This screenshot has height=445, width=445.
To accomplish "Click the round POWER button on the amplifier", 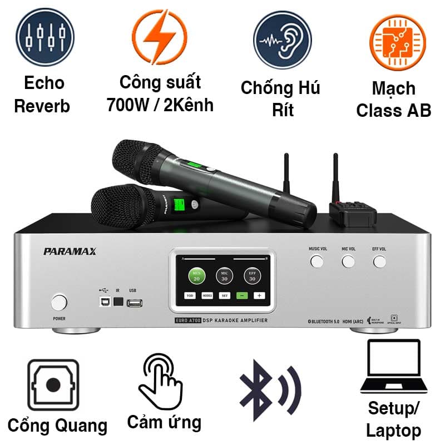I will (59, 303).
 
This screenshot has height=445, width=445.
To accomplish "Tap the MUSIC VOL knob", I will (317, 261).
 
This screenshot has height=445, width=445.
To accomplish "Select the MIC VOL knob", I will (348, 261).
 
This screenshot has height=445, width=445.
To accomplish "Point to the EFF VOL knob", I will (379, 261).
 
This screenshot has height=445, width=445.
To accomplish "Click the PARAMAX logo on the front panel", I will (70, 251).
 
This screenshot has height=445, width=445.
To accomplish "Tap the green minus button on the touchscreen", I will (241, 296).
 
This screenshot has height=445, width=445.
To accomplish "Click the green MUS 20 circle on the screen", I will (196, 275).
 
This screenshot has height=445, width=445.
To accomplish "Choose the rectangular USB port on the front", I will (135, 303).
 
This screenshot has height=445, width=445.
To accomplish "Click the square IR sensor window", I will (117, 303).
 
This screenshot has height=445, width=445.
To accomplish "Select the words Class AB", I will (394, 110).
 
